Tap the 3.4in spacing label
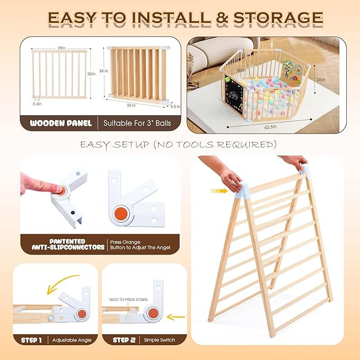point(37,104)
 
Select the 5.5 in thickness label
point(174,106)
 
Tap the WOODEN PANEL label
point(60,123)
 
